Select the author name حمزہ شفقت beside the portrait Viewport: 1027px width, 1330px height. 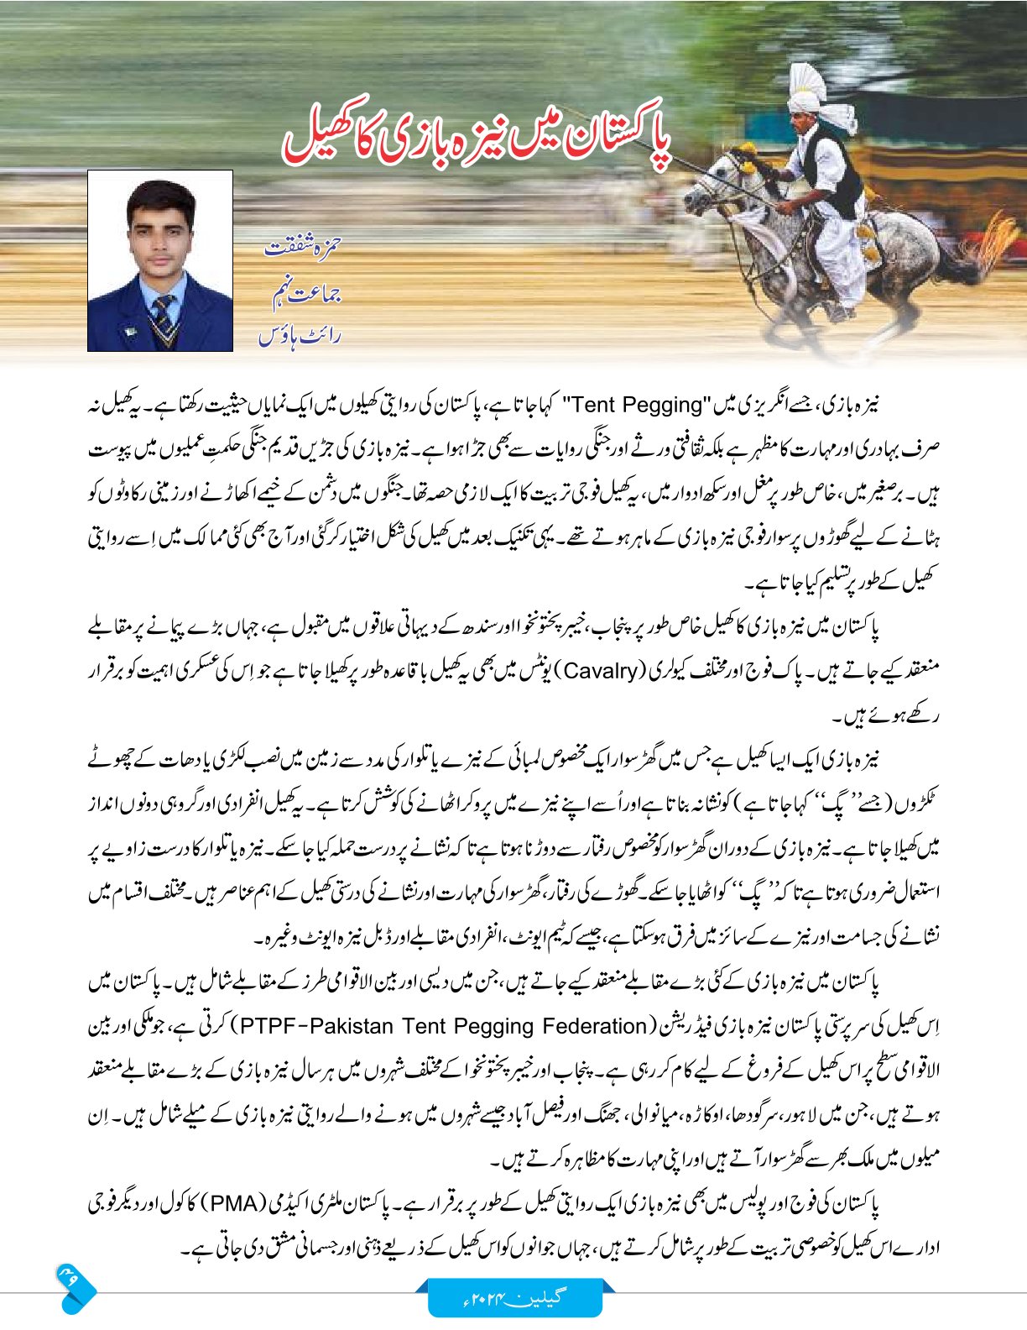tap(302, 249)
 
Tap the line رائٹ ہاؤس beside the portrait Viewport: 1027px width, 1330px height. tap(300, 336)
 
